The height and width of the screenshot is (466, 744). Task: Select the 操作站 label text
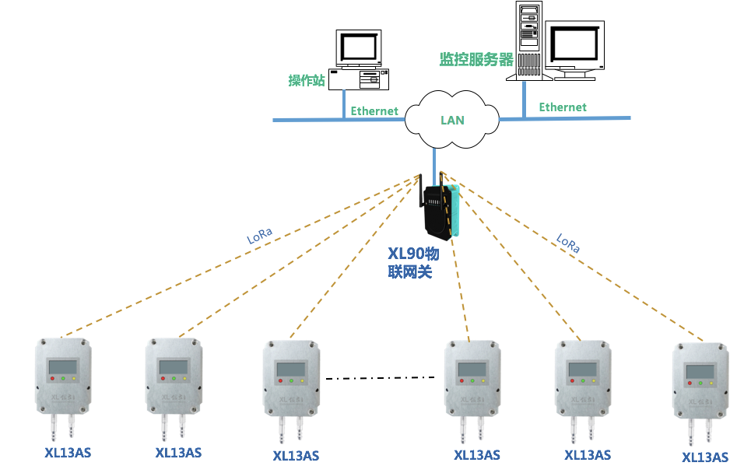306,80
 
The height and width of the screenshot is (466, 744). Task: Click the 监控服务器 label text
477,60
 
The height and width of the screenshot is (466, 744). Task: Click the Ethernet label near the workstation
374,111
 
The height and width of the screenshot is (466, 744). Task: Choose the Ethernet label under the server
563,107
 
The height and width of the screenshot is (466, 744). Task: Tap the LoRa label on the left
259,236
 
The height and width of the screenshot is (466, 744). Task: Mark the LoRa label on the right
568,244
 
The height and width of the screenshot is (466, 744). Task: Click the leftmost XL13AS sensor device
62,378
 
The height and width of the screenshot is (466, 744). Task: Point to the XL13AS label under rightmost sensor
705,457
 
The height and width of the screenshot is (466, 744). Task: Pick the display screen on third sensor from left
290,370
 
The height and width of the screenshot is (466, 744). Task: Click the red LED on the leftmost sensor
51,379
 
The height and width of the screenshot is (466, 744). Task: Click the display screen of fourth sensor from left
472,369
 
